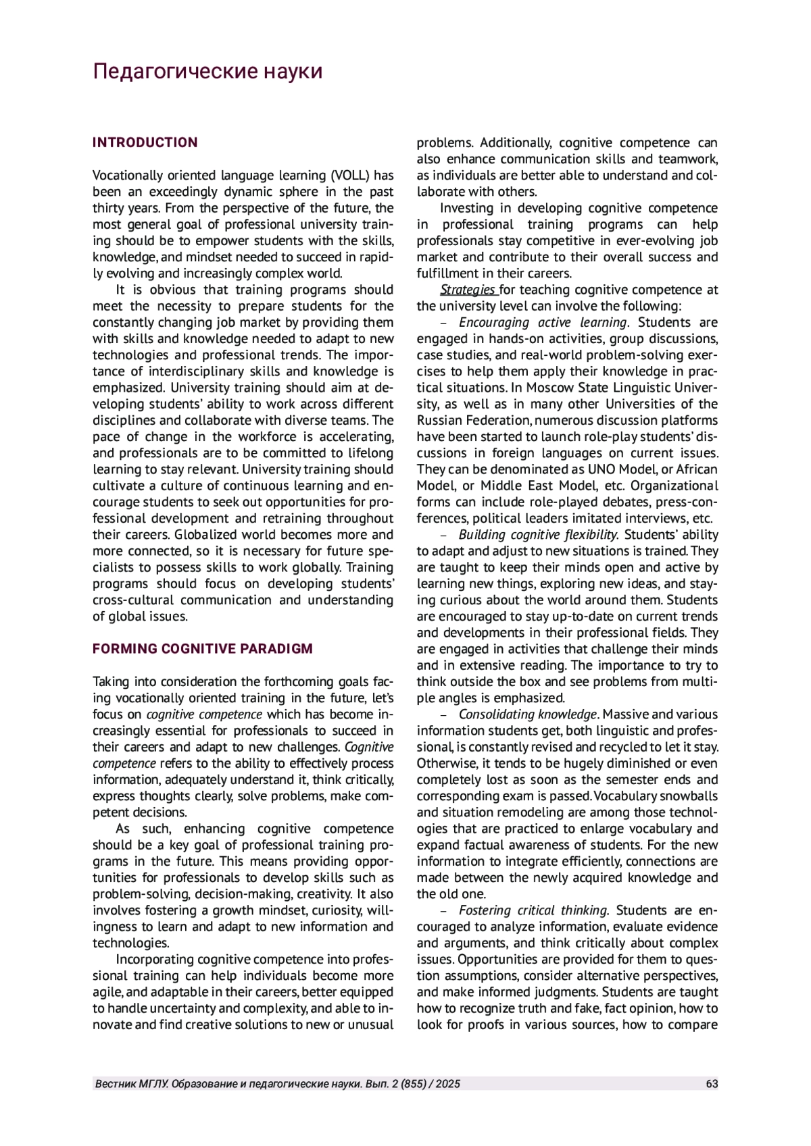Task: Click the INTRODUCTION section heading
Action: [x=145, y=142]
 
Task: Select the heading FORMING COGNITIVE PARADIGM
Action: [x=203, y=649]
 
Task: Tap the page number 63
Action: [x=712, y=1084]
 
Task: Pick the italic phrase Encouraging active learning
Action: [x=543, y=323]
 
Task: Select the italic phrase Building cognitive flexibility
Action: [x=538, y=535]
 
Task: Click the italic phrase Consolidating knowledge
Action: [x=528, y=714]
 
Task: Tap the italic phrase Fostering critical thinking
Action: [x=534, y=910]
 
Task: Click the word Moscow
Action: [x=548, y=388]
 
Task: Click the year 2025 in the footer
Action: [x=448, y=1084]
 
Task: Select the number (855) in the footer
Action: [x=411, y=1084]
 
